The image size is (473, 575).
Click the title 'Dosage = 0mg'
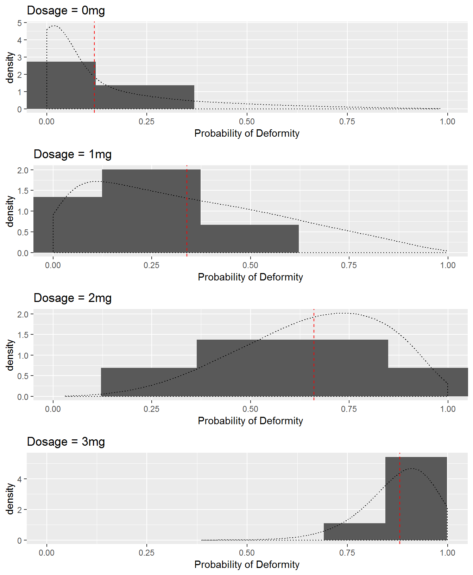point(66,11)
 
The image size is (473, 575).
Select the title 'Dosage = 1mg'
point(72,154)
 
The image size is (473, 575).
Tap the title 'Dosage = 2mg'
point(72,298)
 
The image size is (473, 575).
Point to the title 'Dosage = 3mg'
point(66,442)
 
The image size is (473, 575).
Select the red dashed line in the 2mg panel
point(314,370)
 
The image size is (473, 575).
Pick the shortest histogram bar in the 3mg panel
point(354,532)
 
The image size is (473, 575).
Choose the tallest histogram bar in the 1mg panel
point(151,211)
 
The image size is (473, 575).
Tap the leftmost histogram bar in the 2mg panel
point(149,382)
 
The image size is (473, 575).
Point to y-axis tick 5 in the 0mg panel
point(19,23)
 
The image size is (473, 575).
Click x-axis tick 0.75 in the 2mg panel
point(349,409)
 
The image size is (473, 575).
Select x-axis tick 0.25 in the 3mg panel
point(146,553)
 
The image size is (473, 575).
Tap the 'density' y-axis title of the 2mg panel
point(10,355)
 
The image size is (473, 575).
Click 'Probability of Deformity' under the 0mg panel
point(247,134)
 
